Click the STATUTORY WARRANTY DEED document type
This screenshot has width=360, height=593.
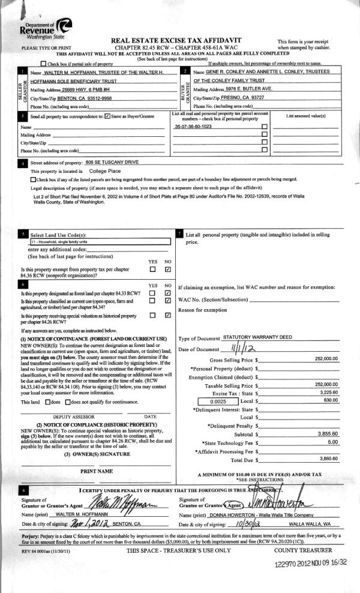249,339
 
